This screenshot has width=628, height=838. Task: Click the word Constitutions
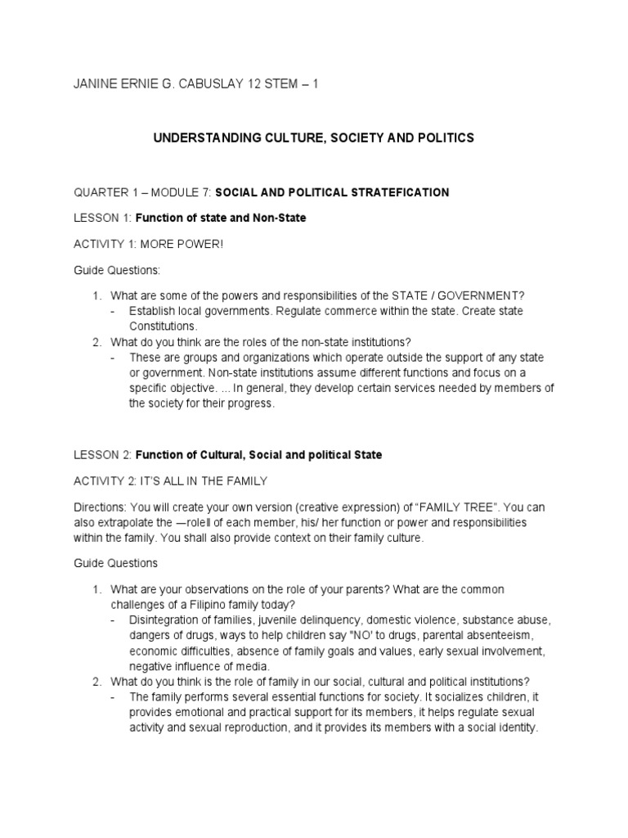point(163,325)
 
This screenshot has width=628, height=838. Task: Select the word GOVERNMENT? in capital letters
point(478,295)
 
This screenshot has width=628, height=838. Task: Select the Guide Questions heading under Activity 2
point(113,563)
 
